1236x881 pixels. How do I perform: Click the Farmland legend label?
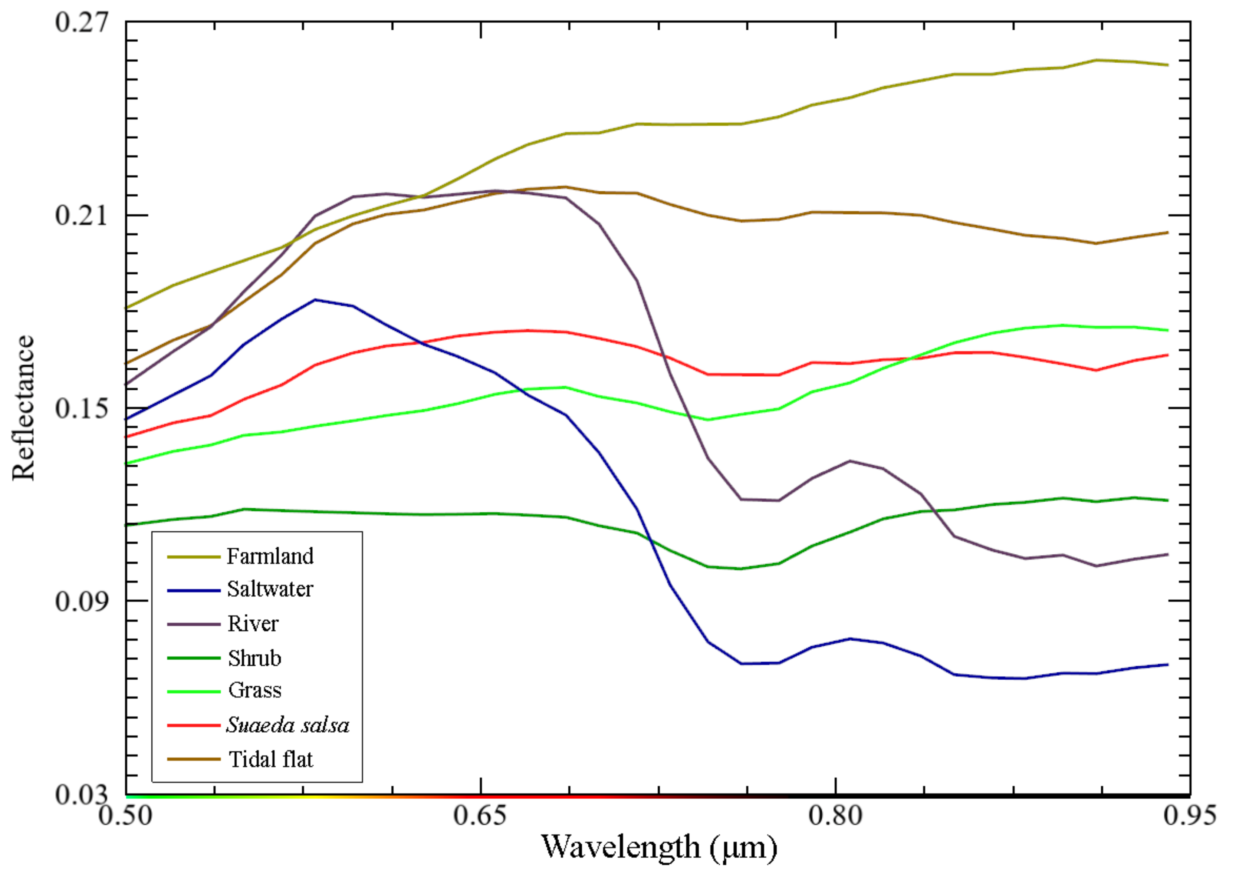[x=270, y=557]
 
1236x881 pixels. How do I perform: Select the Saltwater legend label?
[x=270, y=590]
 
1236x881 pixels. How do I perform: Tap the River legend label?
[x=253, y=624]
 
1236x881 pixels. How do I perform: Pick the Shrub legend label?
[x=254, y=659]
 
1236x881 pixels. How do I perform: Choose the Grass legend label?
[x=254, y=690]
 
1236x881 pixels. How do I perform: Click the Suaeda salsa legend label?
[x=287, y=725]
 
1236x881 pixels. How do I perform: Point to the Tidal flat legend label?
[x=271, y=759]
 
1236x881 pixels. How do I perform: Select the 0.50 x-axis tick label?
[x=125, y=815]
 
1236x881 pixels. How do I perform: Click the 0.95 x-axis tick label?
[x=1189, y=815]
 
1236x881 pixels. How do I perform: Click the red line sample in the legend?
[x=193, y=725]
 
